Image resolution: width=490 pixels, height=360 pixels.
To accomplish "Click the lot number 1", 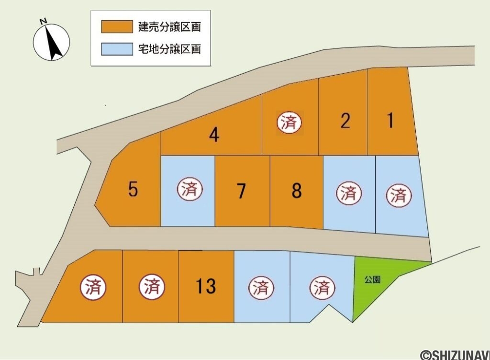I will click(x=390, y=120).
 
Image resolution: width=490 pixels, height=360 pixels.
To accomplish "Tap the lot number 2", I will click(x=345, y=121).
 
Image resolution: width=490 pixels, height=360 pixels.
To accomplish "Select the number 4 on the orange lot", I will click(x=214, y=135).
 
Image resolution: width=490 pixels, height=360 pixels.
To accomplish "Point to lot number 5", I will click(x=133, y=190).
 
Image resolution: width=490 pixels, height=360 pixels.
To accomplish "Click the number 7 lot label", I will click(x=241, y=191).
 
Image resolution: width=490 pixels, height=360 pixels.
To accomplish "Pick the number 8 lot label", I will click(x=297, y=191).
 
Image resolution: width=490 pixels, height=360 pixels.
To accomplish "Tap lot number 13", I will click(x=206, y=287).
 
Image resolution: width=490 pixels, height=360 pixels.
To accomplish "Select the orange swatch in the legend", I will click(x=117, y=27).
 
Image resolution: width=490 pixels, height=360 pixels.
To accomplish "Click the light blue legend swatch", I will click(x=117, y=49).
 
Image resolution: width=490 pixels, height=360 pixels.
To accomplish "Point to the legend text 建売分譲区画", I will click(x=169, y=27).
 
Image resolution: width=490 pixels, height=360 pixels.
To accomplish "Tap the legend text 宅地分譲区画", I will click(x=169, y=49).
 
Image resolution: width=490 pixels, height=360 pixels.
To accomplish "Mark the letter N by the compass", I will click(x=43, y=21).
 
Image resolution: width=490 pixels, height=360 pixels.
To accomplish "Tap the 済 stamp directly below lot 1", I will click(x=398, y=195).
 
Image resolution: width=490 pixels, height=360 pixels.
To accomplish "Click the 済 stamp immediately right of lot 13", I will click(x=261, y=288).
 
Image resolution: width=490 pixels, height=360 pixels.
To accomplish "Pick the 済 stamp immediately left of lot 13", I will click(x=152, y=287).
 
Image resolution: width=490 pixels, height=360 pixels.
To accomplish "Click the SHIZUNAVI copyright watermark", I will click(x=455, y=355).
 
